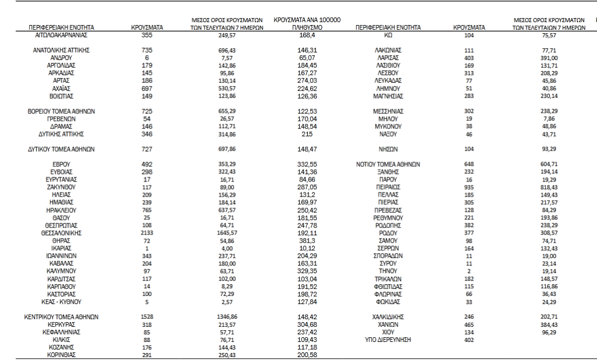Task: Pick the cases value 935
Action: click(469, 187)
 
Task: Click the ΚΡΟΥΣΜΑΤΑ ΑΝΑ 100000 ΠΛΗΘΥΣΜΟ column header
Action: click(307, 23)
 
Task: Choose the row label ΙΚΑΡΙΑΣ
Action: click(61, 248)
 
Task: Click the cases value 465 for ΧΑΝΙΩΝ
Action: click(469, 323)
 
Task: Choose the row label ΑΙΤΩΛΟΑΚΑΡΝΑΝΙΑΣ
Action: click(61, 36)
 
